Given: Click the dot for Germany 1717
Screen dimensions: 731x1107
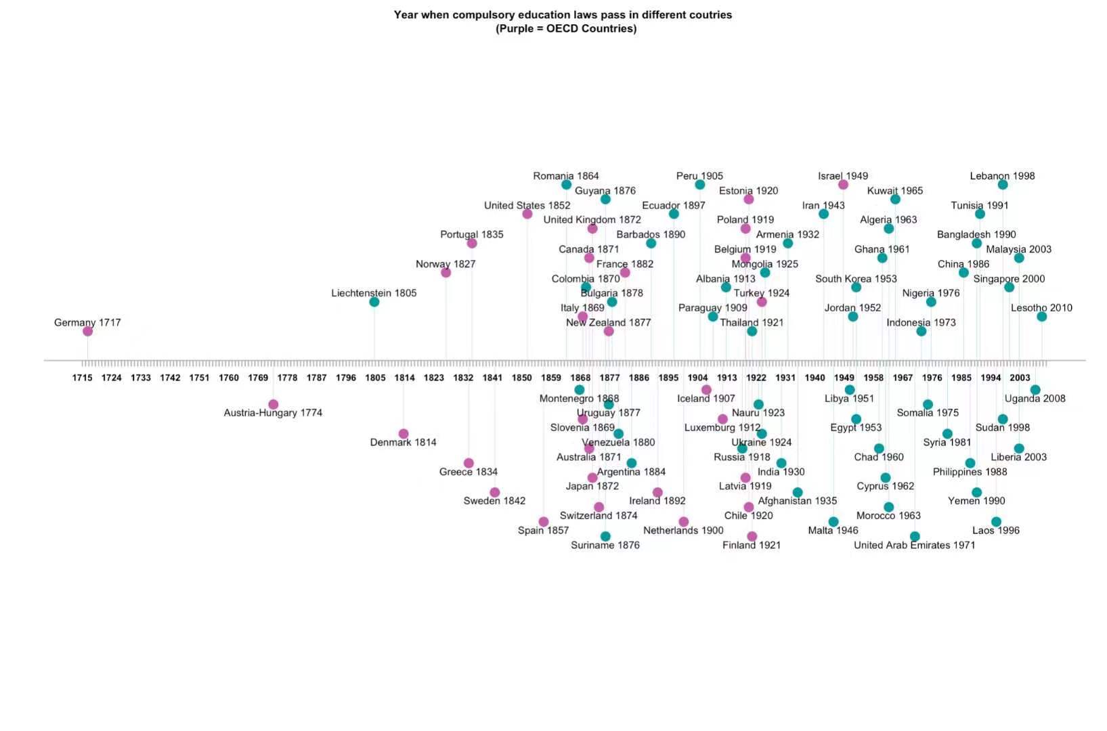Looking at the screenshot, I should tap(87, 331).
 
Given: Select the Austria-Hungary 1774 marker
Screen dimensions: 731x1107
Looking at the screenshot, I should tap(273, 404).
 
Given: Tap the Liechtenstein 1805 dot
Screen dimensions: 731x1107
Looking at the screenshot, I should tap(374, 302).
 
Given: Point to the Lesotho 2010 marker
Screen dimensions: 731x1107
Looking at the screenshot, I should tap(1041, 316).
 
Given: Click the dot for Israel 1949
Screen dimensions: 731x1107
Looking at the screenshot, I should tap(843, 185).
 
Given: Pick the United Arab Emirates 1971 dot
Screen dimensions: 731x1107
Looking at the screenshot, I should tap(915, 536).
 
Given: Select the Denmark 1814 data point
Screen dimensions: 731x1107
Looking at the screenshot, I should tap(404, 434).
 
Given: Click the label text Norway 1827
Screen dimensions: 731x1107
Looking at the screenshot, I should tap(446, 264).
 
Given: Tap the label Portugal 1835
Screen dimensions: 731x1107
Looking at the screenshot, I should tap(472, 234).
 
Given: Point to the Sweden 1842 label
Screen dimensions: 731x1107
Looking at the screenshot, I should tap(494, 501).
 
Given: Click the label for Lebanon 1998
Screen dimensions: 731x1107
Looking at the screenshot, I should tap(1002, 176).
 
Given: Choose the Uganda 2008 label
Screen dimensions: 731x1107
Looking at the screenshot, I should tap(1035, 399).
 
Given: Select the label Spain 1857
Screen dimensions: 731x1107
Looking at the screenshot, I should tap(543, 530).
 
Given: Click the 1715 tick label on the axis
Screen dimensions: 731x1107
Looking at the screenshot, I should tap(83, 378).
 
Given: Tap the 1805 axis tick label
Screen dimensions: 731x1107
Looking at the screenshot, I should tap(375, 378).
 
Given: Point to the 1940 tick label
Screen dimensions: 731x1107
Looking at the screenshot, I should tap(815, 378).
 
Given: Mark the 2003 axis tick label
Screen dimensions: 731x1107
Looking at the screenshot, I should tap(1020, 378).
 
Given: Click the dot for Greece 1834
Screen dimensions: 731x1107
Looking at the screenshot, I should tap(469, 463).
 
